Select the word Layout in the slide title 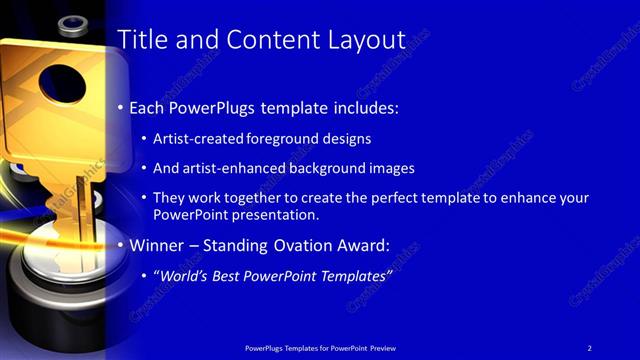[362, 41]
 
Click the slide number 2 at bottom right [590, 347]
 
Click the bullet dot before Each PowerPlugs [122, 107]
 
